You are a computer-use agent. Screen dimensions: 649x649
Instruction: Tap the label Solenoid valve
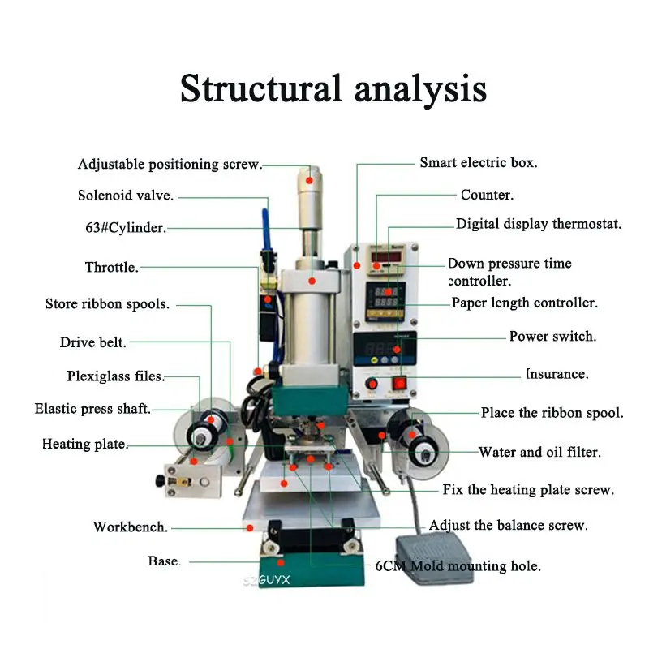point(125,196)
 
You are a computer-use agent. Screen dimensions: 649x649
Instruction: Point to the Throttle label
point(112,267)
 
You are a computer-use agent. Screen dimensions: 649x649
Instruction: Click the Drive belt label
point(93,342)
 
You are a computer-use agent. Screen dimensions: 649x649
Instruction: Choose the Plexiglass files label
point(115,376)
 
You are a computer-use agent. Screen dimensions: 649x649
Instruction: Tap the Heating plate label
point(85,445)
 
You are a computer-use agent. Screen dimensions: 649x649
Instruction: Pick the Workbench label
point(131,527)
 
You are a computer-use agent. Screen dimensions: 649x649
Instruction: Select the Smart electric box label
point(478,162)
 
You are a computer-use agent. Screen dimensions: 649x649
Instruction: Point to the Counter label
point(487,196)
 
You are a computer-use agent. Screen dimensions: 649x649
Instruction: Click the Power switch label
point(552,336)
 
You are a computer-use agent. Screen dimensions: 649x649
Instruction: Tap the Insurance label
point(557,374)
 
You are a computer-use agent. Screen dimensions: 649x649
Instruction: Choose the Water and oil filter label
point(539,452)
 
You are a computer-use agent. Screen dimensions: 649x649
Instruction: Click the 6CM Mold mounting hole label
point(458,565)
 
